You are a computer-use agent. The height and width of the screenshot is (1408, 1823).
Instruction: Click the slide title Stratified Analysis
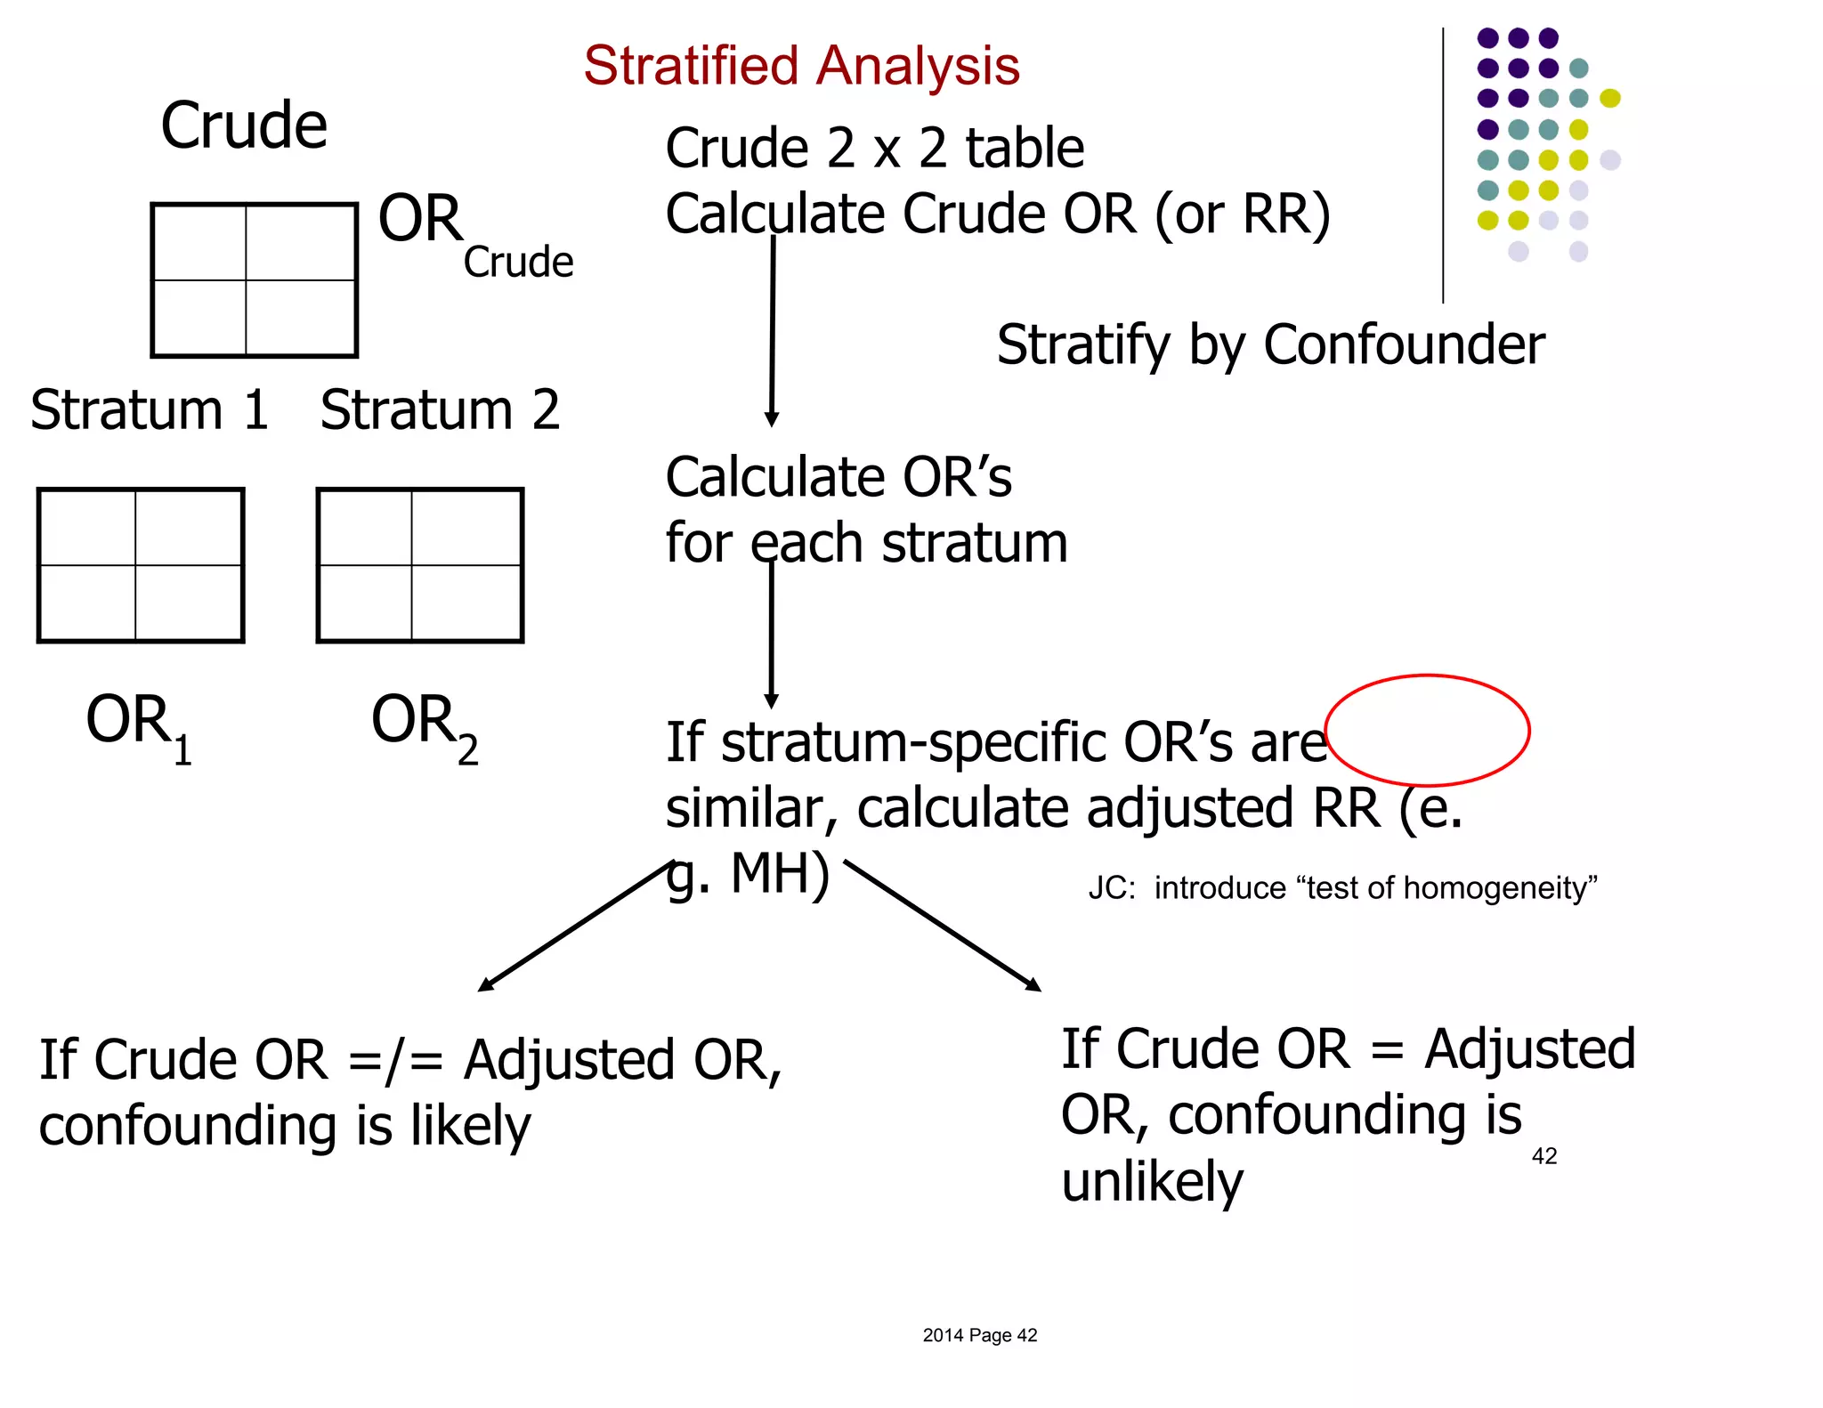point(801,66)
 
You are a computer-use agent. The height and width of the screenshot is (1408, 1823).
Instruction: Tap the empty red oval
point(1427,730)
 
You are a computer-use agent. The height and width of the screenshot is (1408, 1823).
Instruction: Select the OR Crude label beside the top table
point(474,234)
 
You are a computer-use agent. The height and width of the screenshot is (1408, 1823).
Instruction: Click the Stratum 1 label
point(150,410)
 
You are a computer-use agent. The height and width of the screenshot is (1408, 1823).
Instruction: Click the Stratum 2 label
point(440,410)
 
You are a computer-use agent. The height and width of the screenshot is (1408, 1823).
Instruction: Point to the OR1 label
point(139,724)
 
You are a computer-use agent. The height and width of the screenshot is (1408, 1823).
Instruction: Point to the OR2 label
point(425,724)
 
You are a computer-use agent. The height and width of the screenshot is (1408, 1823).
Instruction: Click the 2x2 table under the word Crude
point(255,280)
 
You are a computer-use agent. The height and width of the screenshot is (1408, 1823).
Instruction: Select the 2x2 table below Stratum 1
point(141,565)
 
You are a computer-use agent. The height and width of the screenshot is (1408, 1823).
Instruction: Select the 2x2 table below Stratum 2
point(420,565)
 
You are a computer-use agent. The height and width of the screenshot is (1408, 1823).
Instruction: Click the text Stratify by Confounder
point(1270,345)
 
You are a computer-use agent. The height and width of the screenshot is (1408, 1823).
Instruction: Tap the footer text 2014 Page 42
point(979,1335)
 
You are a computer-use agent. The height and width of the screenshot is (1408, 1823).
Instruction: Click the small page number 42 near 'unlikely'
point(1543,1156)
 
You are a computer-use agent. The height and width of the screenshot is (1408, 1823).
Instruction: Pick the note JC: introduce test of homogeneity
point(1342,888)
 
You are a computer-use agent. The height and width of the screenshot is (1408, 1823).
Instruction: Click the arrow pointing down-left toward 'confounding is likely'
point(574,927)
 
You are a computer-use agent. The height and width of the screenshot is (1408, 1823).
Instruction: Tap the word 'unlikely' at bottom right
point(1152,1182)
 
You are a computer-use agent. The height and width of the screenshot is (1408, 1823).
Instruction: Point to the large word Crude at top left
point(244,125)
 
